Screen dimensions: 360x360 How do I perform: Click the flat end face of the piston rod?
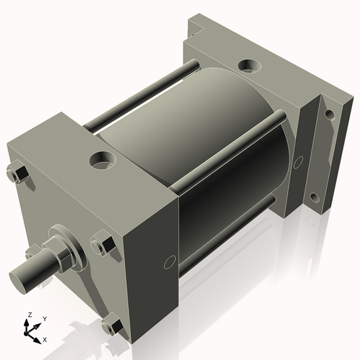tap(17, 276)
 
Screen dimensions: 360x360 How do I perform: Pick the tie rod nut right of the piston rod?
tap(102, 243)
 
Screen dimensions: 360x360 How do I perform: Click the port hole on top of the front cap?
tap(101, 158)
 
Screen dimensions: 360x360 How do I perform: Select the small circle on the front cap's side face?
tap(170, 261)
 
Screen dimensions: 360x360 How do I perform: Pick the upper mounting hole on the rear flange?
tap(329, 114)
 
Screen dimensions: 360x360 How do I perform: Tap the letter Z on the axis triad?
tap(30, 315)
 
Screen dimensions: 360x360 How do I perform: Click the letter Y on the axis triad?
tap(44, 318)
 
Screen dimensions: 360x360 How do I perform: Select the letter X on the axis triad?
tap(45, 338)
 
